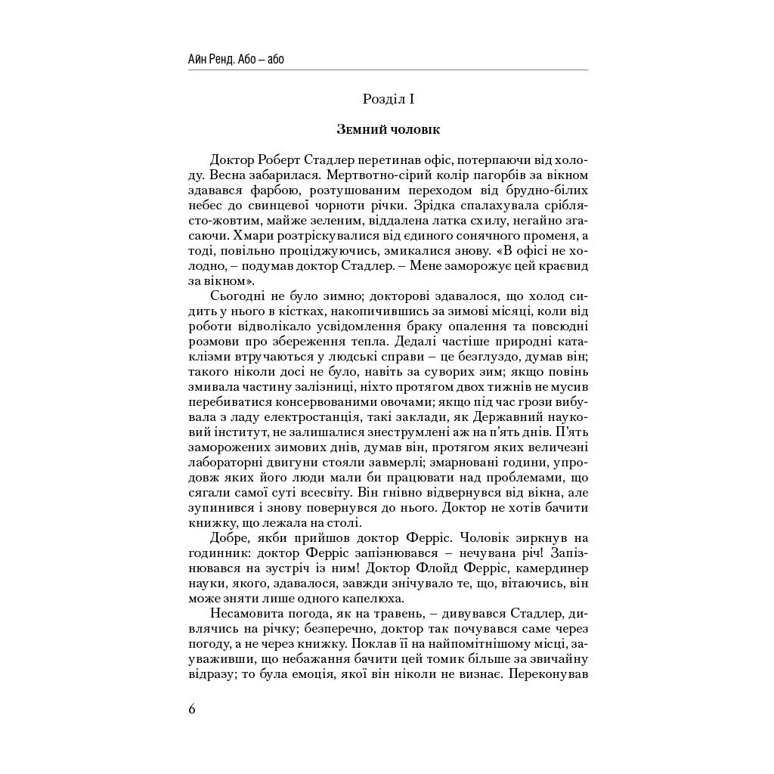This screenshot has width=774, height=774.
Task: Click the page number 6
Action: (192, 709)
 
